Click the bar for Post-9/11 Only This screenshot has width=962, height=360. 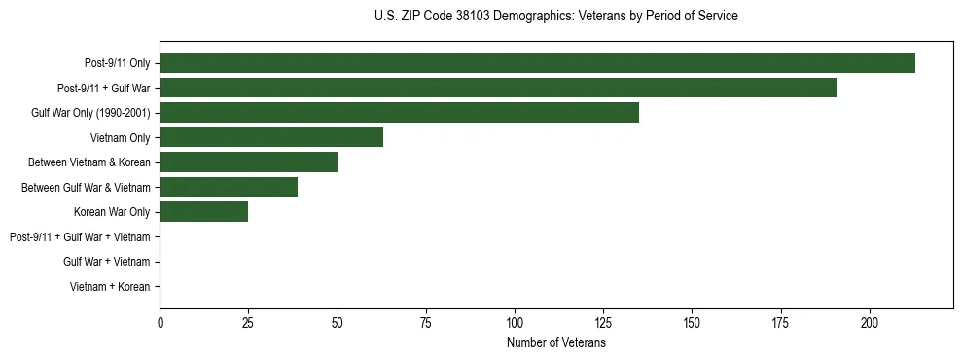tap(537, 63)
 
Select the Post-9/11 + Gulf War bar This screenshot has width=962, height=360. tap(498, 88)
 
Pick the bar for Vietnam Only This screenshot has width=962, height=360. tap(271, 137)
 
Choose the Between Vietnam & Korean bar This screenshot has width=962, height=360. tap(250, 162)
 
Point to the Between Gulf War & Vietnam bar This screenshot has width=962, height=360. tap(229, 187)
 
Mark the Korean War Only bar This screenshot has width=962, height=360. tap(204, 212)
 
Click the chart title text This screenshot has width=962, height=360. tap(555, 17)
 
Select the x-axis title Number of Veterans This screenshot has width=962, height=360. tap(555, 343)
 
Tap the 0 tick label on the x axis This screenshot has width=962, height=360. tap(160, 322)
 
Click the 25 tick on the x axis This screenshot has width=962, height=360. tap(249, 322)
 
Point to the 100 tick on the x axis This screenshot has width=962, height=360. tap(515, 322)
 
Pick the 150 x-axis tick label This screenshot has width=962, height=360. tap(692, 322)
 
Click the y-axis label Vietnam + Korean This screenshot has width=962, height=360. tap(110, 287)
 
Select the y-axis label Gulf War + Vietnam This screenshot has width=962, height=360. tap(107, 262)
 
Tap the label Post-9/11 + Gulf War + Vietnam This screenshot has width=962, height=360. tap(80, 237)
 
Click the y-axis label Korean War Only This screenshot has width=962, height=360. tap(112, 212)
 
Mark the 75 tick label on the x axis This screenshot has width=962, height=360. tap(426, 322)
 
